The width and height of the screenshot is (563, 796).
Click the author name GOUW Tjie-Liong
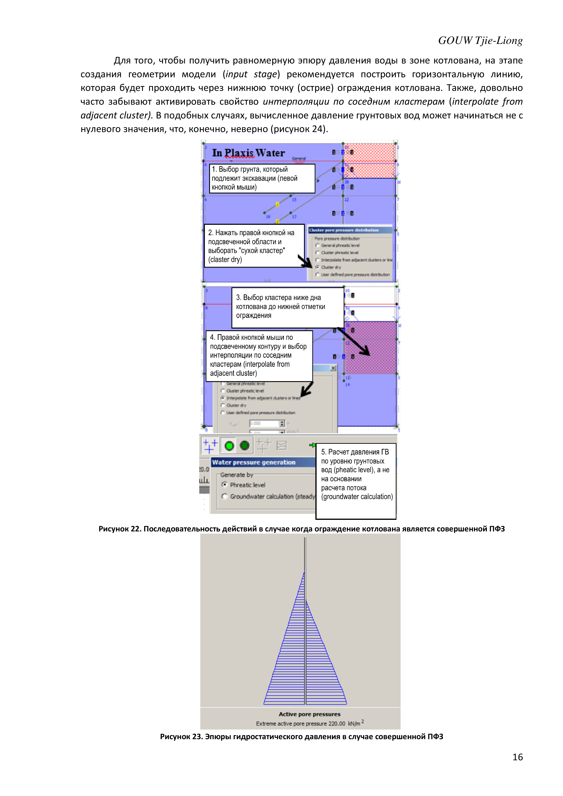click(480, 40)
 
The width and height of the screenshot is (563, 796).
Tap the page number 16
click(517, 757)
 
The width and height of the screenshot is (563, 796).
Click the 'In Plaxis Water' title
click(248, 153)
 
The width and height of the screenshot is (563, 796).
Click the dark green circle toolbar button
click(245, 445)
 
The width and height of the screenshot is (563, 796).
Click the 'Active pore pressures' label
click(309, 714)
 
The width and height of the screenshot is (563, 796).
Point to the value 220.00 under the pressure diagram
click(337, 724)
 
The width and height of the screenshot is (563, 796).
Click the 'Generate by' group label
click(237, 475)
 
